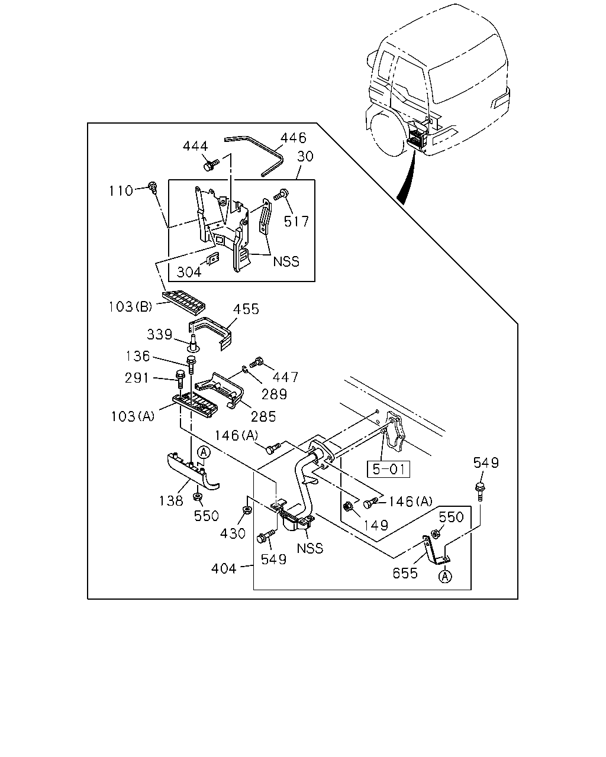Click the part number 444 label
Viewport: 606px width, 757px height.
[x=195, y=146]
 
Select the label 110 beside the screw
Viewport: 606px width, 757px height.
[x=121, y=191]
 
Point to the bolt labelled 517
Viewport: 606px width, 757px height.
[x=281, y=195]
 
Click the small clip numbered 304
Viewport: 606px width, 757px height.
[x=213, y=259]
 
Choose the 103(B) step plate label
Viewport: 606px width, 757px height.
[x=130, y=307]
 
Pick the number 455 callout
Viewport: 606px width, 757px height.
[x=246, y=309]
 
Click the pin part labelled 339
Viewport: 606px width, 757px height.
[x=193, y=343]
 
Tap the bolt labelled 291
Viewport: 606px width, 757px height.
[x=180, y=379]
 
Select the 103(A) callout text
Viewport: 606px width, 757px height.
[x=133, y=416]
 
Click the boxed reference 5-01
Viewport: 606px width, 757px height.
[x=388, y=469]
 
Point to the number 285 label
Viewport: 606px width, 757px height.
[x=263, y=417]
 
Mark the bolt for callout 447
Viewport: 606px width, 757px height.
[x=257, y=361]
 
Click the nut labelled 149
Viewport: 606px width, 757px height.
[x=348, y=507]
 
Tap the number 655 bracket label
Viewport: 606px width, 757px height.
[x=405, y=574]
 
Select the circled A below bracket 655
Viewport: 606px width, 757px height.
[x=446, y=576]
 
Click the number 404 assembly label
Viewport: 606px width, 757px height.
[x=224, y=568]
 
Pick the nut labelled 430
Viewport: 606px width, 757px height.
[x=247, y=509]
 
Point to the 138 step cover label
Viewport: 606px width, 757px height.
[x=171, y=500]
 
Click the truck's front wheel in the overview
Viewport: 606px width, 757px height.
[x=388, y=132]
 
